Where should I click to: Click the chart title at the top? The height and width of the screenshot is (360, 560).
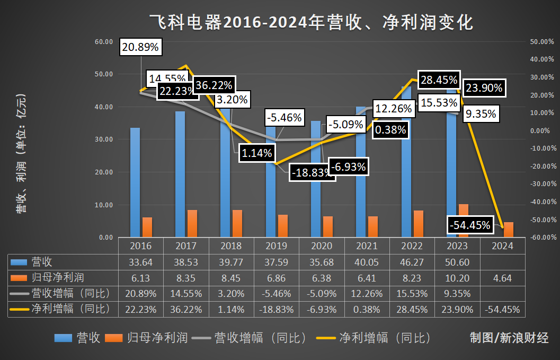[311, 23]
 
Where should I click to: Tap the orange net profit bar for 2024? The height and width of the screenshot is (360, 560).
[508, 230]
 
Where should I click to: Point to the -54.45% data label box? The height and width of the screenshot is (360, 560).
[470, 224]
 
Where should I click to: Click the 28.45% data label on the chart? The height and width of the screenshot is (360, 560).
[439, 80]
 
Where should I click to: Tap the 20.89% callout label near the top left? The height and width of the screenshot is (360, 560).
[140, 47]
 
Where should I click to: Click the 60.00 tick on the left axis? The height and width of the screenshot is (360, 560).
[103, 41]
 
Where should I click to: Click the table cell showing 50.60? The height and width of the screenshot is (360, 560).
[457, 262]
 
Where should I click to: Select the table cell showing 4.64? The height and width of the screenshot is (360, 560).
[502, 277]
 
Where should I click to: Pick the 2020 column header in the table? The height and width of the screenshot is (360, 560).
[322, 246]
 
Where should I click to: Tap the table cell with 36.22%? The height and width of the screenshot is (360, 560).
[185, 309]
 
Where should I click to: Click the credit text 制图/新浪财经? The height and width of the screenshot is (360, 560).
[509, 337]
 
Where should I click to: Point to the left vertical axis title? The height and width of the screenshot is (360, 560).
[21, 154]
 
